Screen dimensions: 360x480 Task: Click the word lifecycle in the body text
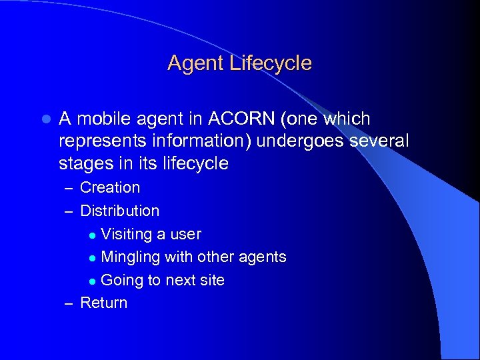tap(193, 164)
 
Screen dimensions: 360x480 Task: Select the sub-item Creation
tap(110, 188)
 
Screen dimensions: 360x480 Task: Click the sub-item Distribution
tap(120, 211)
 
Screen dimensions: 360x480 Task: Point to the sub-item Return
tap(103, 303)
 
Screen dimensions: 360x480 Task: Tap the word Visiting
tap(126, 234)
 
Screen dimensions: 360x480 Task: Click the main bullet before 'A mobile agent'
tap(45, 120)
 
